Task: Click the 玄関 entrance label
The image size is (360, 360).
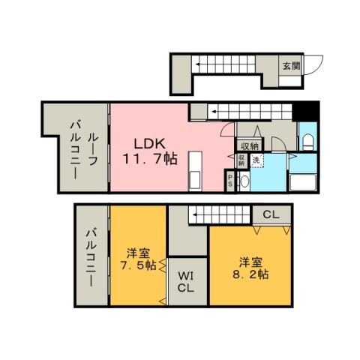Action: click(x=291, y=64)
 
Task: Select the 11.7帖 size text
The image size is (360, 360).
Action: click(x=151, y=159)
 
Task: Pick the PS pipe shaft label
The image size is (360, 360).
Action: click(x=231, y=180)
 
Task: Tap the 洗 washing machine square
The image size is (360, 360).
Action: click(x=256, y=159)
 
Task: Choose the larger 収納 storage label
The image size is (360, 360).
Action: click(x=250, y=145)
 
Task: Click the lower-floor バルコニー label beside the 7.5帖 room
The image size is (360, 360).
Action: click(x=91, y=259)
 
